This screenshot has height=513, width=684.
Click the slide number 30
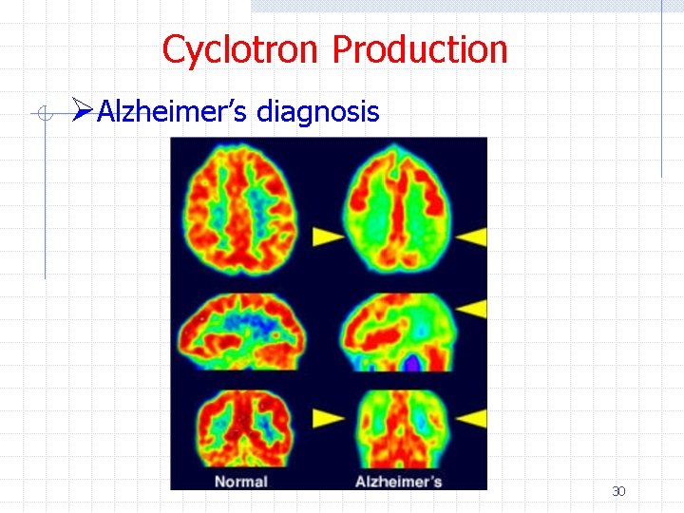coord(618,491)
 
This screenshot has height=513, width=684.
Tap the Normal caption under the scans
coord(240,481)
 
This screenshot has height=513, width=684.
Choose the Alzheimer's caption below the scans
coord(398,481)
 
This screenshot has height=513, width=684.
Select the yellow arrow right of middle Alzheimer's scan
coord(474,307)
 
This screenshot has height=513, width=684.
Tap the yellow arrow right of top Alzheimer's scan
coord(474,234)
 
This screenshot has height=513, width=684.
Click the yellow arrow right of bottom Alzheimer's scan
coord(474,416)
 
